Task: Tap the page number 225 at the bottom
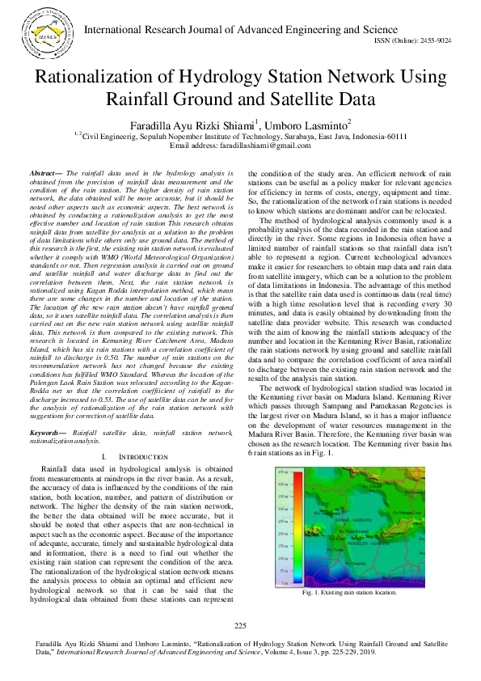point(240,627)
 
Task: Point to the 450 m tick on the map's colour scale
point(260,471)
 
